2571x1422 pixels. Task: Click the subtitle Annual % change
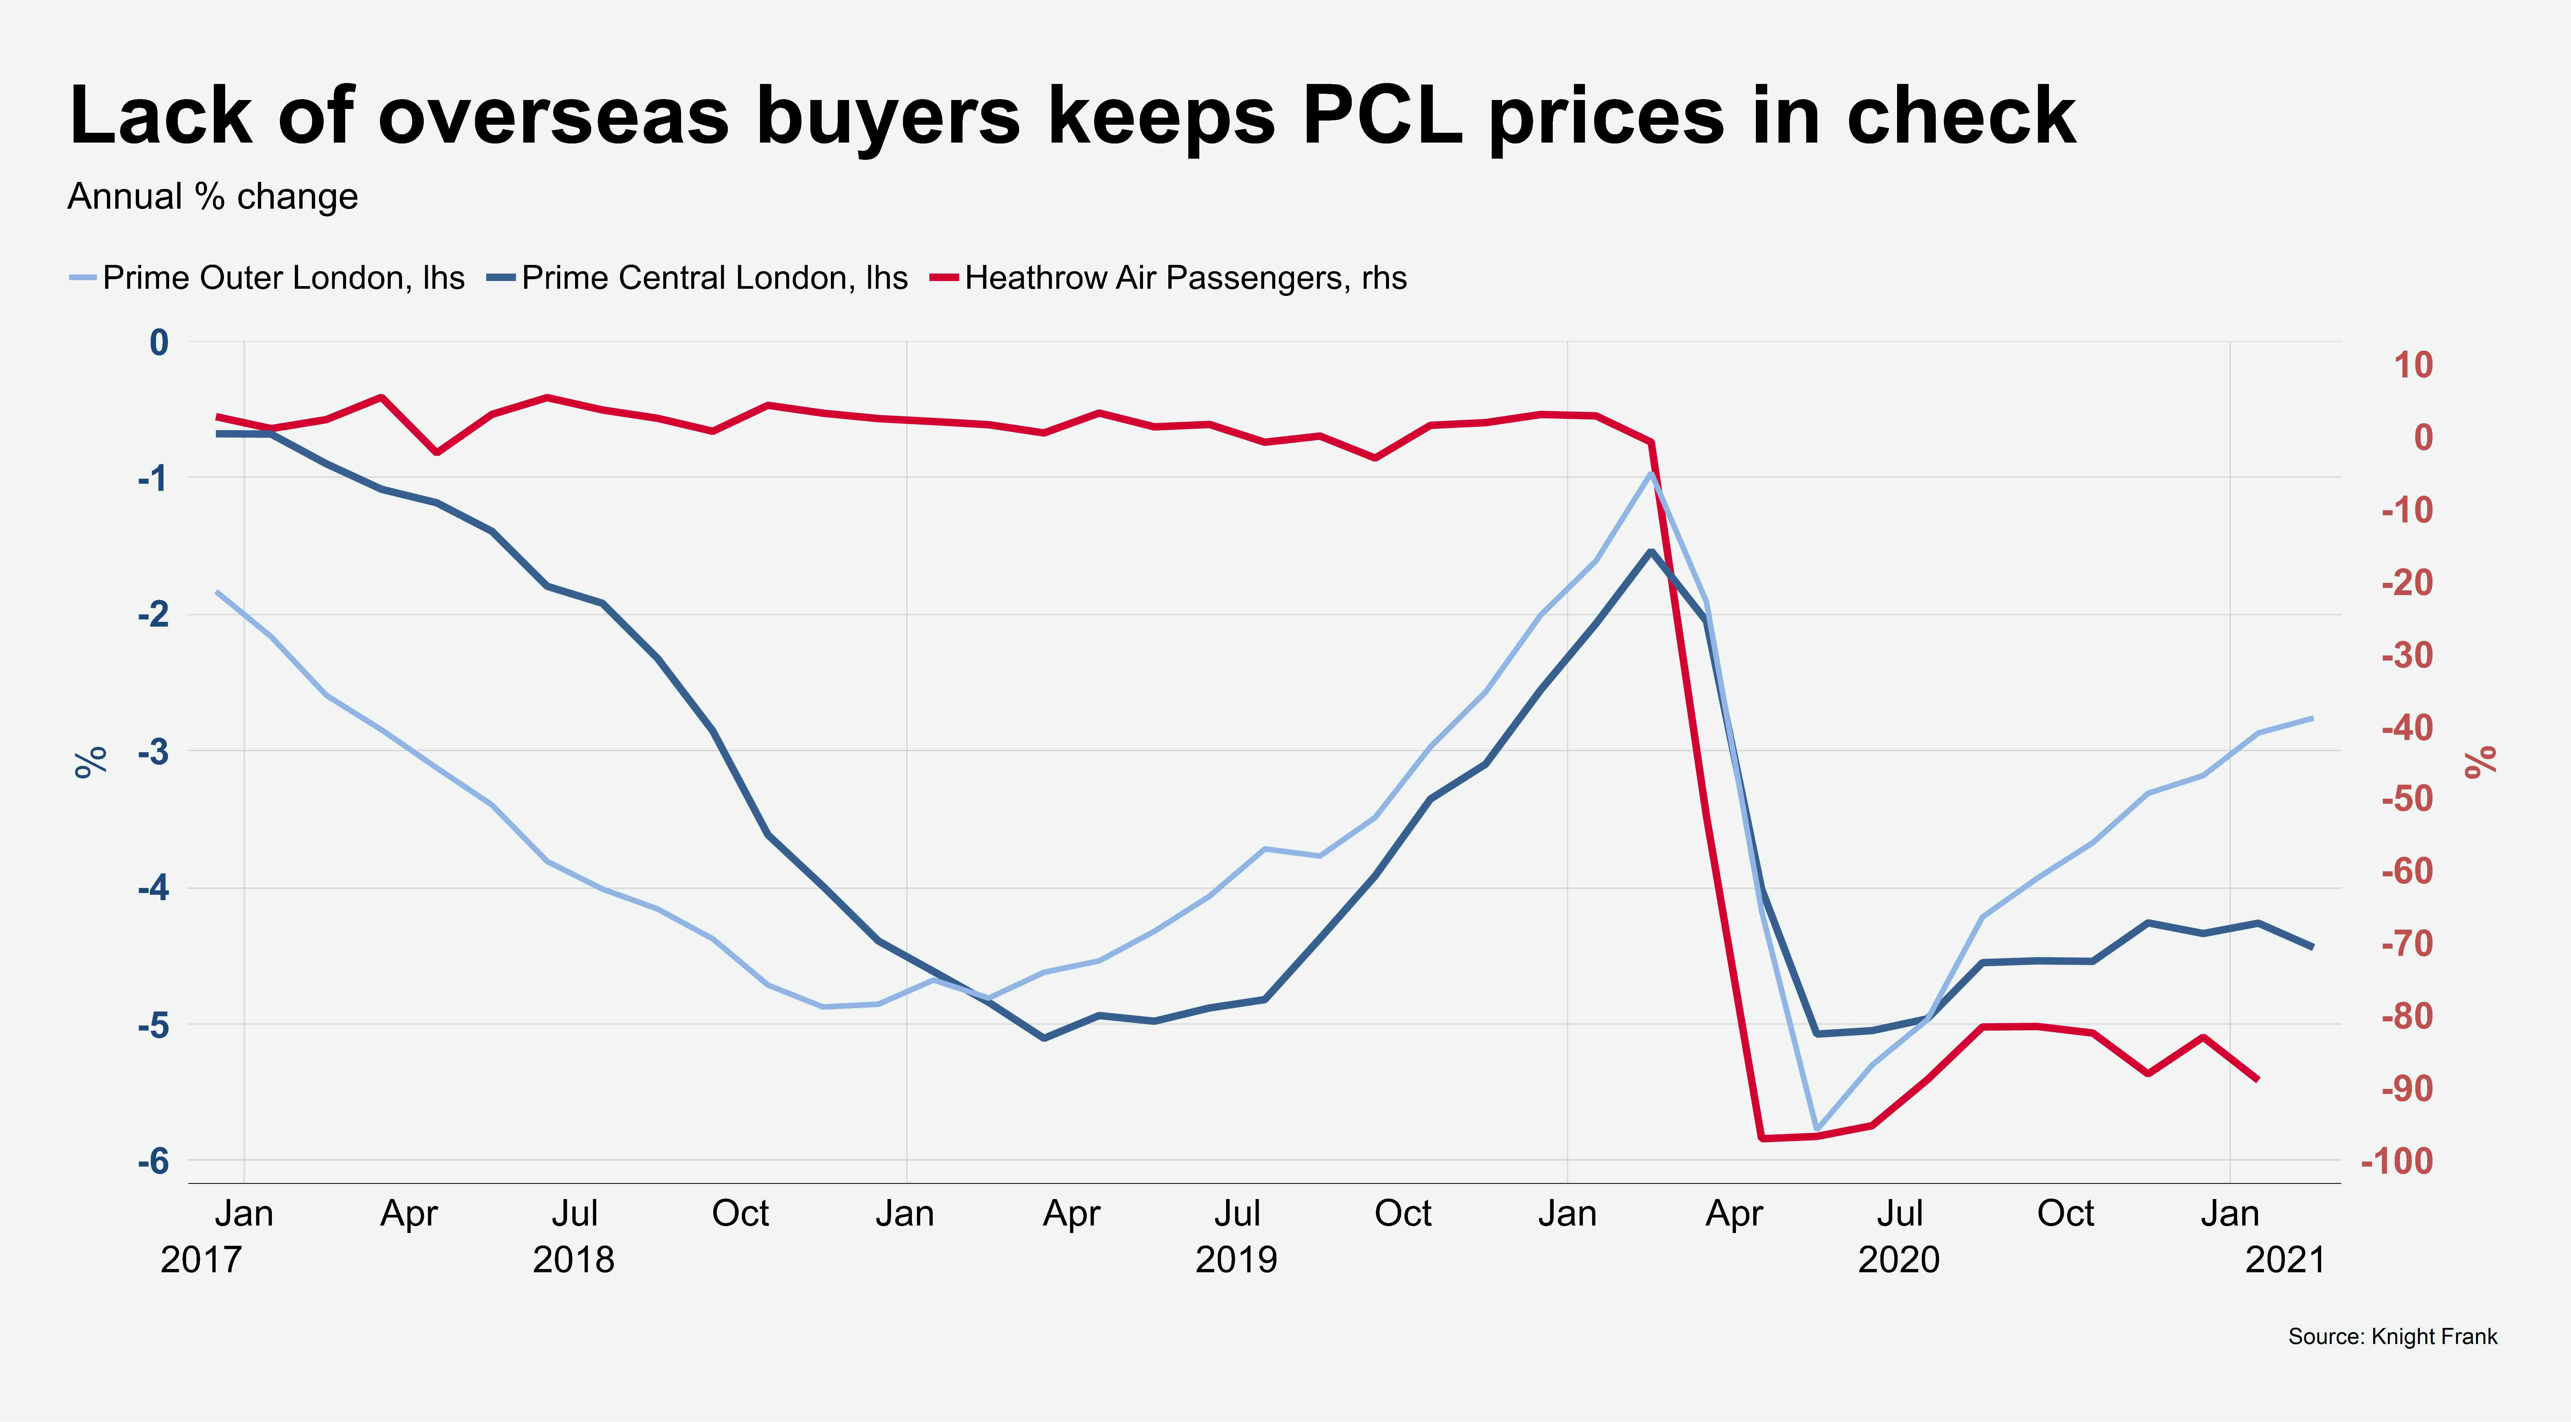(x=213, y=196)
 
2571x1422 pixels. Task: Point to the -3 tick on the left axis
(x=153, y=751)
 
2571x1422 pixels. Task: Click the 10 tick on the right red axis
(x=2413, y=365)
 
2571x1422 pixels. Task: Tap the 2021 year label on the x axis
(x=2285, y=1260)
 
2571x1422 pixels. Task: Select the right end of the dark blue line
(x=2313, y=947)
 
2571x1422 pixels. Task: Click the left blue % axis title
(x=91, y=761)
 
